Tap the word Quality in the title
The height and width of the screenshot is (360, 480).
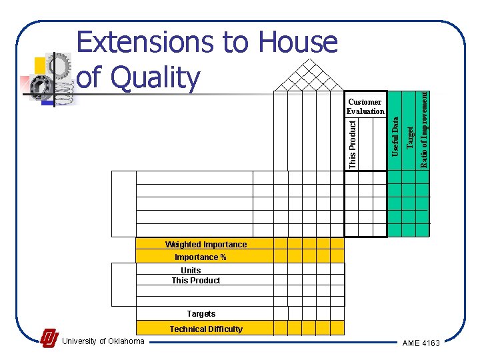pos(154,77)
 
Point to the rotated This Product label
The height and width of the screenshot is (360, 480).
pos(353,142)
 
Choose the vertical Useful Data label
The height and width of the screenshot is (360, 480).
pos(395,137)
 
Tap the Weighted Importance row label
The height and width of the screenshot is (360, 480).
pos(205,245)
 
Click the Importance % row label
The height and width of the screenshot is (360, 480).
pos(201,257)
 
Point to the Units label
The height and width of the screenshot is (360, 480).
pos(191,271)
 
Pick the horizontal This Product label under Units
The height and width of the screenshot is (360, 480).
pos(196,281)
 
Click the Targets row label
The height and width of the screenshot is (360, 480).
pos(201,313)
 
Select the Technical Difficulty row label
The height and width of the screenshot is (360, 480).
pos(206,329)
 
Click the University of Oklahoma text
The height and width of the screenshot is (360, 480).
pos(103,342)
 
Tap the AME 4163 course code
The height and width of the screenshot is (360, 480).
pos(421,343)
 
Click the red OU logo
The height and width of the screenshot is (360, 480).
pos(49,339)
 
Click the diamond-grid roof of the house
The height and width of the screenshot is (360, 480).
pos(309,75)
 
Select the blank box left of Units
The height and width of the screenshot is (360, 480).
pos(123,284)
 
